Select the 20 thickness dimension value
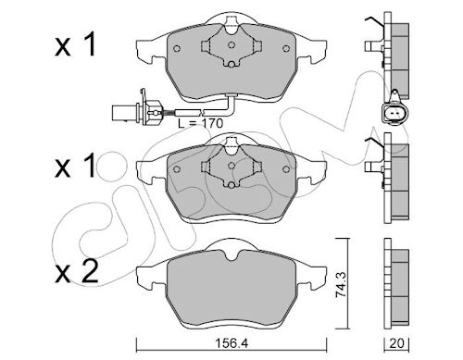pos(396,343)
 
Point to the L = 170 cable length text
pos(200,124)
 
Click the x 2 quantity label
pos(77,272)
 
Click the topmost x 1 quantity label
pos(75,45)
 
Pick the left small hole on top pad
pos(177,48)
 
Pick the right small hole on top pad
pos(286,48)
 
